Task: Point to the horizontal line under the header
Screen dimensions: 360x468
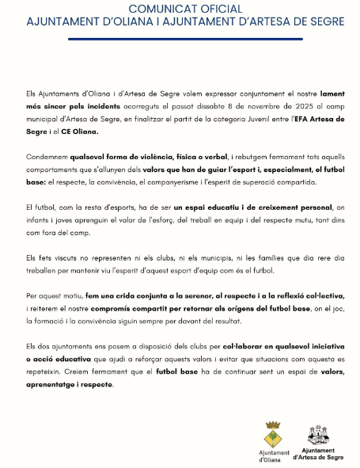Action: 180,35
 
